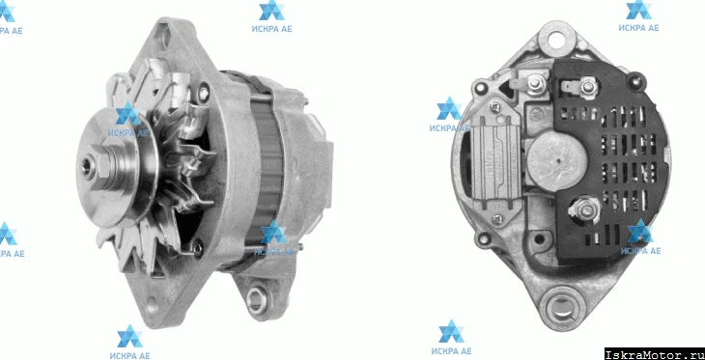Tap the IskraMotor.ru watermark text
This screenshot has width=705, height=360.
(654, 354)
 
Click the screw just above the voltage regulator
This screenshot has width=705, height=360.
(496, 106)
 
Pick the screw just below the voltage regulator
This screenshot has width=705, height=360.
(496, 219)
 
